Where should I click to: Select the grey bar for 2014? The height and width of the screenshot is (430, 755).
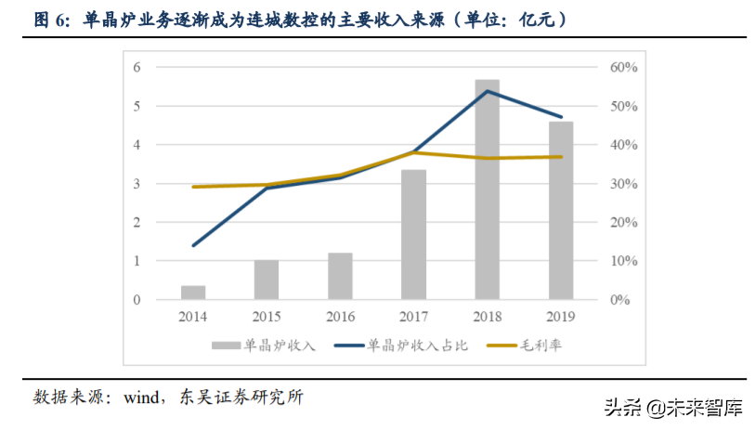193,293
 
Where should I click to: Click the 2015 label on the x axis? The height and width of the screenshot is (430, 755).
267,317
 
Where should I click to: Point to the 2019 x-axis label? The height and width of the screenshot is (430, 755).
561,317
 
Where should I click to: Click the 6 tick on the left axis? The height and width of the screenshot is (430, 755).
137,67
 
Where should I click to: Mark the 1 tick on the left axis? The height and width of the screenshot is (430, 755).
137,261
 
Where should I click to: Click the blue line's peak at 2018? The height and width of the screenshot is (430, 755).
488,91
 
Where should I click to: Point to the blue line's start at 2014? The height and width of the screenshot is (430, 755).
193,246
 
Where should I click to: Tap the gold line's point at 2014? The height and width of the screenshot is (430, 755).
193,187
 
